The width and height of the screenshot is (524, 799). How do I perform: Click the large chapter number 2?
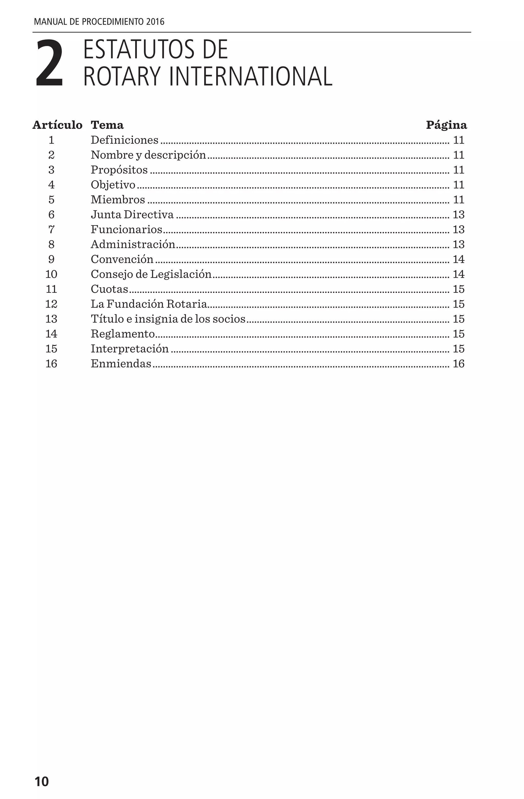[x=49, y=63]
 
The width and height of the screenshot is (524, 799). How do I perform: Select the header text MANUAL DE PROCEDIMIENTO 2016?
[x=99, y=22]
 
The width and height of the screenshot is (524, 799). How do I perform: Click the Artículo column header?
[x=57, y=125]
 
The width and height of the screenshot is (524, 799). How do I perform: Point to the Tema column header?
[x=107, y=125]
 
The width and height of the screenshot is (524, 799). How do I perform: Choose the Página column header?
[x=446, y=125]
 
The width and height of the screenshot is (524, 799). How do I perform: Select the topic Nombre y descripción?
[x=148, y=155]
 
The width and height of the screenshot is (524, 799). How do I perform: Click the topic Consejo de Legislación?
[x=151, y=274]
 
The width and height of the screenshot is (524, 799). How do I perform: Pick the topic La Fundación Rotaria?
[x=149, y=304]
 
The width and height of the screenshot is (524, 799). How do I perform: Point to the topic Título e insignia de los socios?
[x=168, y=319]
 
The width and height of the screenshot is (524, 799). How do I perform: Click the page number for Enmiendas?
[x=458, y=364]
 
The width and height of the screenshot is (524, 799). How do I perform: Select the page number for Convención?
[x=458, y=259]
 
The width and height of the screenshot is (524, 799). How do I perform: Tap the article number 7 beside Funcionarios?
[x=51, y=229]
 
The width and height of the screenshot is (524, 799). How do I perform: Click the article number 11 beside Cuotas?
[x=51, y=289]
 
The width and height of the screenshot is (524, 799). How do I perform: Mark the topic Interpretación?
[x=129, y=349]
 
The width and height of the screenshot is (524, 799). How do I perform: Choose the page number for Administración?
[x=458, y=244]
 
